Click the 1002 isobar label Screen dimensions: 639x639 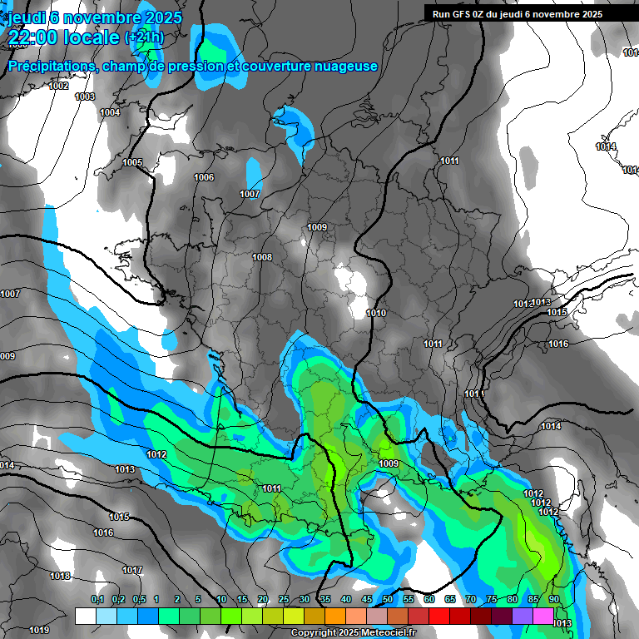[x=58, y=86]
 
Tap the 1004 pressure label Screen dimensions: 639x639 [x=110, y=112]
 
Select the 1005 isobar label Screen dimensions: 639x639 [x=132, y=162]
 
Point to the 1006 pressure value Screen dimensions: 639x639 [x=204, y=177]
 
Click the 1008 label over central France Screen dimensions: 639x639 [x=262, y=257]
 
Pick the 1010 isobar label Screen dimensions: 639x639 [x=376, y=313]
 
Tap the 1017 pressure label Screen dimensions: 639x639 [x=132, y=570]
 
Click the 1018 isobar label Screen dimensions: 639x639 [x=60, y=576]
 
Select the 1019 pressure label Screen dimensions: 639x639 [x=39, y=630]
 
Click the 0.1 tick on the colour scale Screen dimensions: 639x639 [x=97, y=599]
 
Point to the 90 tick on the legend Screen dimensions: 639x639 [x=553, y=599]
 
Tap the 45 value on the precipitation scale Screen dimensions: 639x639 [x=367, y=599]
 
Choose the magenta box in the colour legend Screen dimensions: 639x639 [x=543, y=616]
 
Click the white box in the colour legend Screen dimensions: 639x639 [x=86, y=616]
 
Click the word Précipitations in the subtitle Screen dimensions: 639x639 [x=50, y=66]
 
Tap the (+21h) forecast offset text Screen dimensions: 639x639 [x=144, y=37]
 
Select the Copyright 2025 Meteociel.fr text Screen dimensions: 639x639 [x=353, y=632]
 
